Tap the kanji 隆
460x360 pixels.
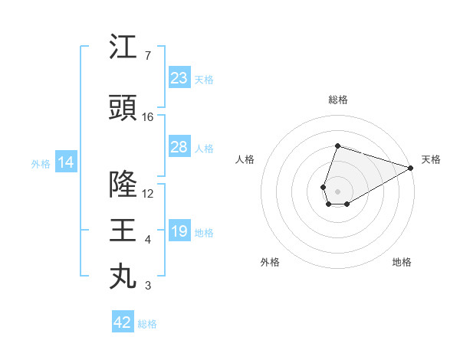123,185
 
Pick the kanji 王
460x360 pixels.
123,231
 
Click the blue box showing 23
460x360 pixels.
179,78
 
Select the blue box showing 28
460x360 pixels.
179,147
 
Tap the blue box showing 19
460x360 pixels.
179,231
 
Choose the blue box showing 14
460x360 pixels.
65,162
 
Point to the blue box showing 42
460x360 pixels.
122,322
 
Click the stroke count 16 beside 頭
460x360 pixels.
148,117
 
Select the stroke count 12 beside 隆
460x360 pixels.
148,194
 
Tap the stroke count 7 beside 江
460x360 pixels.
148,56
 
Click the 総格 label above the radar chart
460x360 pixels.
338,100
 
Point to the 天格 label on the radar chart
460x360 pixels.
431,159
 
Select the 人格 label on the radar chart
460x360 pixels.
245,159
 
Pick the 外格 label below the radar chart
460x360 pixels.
270,262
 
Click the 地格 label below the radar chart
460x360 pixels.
402,262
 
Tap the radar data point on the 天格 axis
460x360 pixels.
412,168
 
